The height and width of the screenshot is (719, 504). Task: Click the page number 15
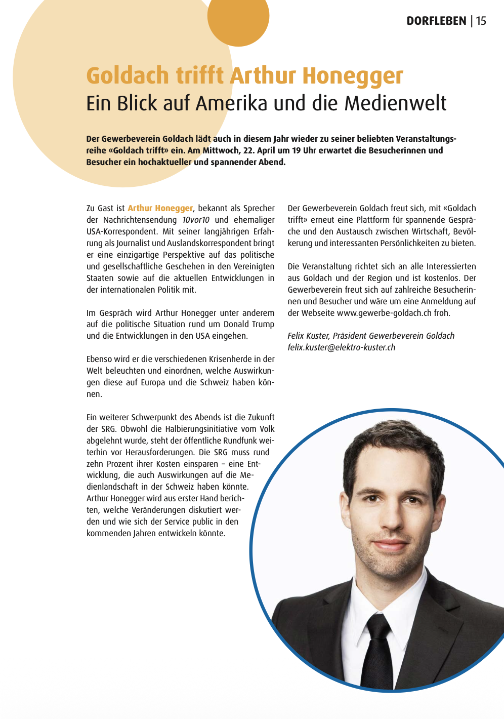[x=481, y=21]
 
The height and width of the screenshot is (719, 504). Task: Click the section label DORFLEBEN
[x=436, y=21]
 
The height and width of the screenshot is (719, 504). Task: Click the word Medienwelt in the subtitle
[x=395, y=103]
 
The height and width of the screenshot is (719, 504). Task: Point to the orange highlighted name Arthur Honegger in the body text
[x=160, y=208]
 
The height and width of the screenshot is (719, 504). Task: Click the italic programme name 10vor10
[x=196, y=220]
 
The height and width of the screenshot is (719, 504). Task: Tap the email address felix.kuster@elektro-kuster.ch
[x=341, y=347]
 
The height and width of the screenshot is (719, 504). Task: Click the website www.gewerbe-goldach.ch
[x=384, y=313]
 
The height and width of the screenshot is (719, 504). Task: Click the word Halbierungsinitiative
[x=201, y=429]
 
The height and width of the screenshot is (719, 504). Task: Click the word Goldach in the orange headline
[x=128, y=75]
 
